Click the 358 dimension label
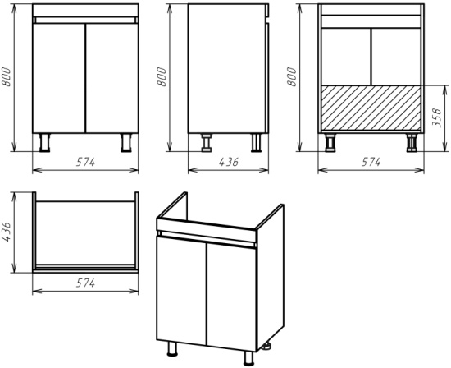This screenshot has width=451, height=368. click(436, 117)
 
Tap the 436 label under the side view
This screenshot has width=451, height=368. click(229, 163)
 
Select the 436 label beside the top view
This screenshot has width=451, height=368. click(7, 232)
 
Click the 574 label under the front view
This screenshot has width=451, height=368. click(85, 163)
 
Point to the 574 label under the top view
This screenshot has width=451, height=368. click(85, 283)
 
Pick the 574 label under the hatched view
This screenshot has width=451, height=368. click(371, 163)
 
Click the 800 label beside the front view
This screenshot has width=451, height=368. click(6, 76)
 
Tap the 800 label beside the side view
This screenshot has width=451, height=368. click(162, 76)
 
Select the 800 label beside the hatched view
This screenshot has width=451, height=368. click(291, 76)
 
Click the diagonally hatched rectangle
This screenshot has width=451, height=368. click(371, 108)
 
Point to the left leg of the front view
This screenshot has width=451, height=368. click(44, 142)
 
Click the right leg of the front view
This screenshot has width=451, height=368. click(126, 142)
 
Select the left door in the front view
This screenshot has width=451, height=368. click(59, 78)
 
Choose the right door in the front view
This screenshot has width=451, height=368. click(112, 78)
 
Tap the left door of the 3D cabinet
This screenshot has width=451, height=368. click(181, 290)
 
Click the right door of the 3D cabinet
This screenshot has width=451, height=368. click(231, 297)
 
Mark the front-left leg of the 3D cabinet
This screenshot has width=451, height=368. click(172, 349)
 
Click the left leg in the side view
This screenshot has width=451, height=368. click(207, 142)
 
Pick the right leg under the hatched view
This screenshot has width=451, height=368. click(412, 142)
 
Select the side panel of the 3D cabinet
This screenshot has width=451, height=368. click(270, 277)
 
